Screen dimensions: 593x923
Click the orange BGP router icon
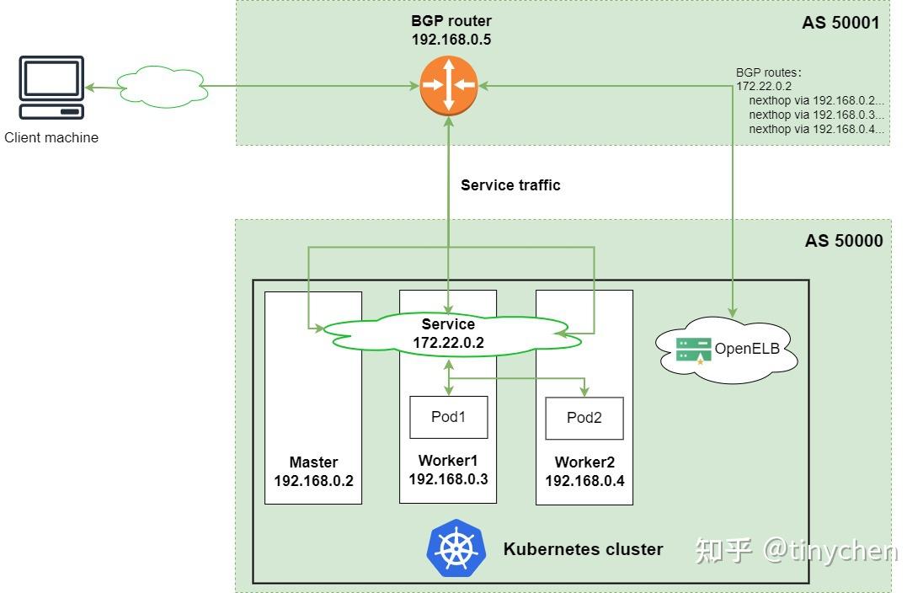[x=448, y=84]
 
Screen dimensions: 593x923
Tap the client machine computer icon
[x=52, y=88]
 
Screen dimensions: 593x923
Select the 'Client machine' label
[x=51, y=137]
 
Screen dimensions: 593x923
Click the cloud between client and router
[x=162, y=85]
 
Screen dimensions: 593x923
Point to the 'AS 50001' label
[x=840, y=23]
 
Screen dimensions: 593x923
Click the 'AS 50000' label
[x=843, y=241]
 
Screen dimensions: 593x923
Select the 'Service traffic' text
[x=510, y=184]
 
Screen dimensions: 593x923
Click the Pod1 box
[x=448, y=417]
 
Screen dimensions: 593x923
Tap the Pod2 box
[x=584, y=419]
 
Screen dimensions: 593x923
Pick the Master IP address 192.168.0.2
[x=313, y=481]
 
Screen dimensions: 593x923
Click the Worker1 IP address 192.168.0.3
[x=448, y=479]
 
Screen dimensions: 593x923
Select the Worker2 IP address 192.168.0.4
[x=584, y=481]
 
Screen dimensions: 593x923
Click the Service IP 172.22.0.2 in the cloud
[x=448, y=343]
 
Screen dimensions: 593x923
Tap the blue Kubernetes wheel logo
[x=456, y=548]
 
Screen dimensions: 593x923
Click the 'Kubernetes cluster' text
[x=583, y=549]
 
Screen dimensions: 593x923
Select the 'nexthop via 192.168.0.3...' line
[x=815, y=115]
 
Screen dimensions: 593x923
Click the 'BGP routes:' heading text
[x=769, y=72]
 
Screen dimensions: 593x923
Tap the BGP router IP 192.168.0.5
[x=451, y=40]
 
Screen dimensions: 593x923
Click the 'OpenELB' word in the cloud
[x=747, y=349]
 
